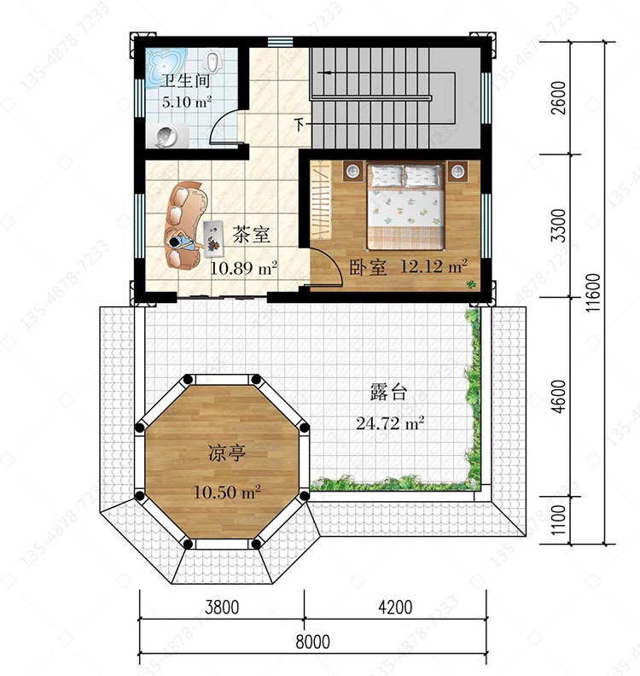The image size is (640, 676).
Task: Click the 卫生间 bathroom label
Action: coord(186,81)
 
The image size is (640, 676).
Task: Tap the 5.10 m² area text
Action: coord(187,102)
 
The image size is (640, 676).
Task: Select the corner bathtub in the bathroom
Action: coord(165,67)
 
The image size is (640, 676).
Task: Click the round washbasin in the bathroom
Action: coord(166,137)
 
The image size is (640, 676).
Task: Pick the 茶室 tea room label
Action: coord(251,235)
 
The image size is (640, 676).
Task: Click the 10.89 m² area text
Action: coord(243,268)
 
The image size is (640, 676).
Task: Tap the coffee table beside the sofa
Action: coord(212,236)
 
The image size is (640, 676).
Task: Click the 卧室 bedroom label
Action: coord(367,267)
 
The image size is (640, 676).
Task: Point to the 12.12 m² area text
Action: coord(433,266)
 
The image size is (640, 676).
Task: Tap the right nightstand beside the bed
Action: coord(457,172)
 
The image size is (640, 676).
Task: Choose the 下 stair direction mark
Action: coord(300,125)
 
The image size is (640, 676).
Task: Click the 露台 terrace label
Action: coord(389,393)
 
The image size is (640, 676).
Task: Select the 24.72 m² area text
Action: coord(390,423)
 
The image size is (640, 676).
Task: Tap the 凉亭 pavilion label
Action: coord(227,453)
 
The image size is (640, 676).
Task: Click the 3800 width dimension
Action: coord(222,607)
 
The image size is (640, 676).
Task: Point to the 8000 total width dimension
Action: coord(313,642)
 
